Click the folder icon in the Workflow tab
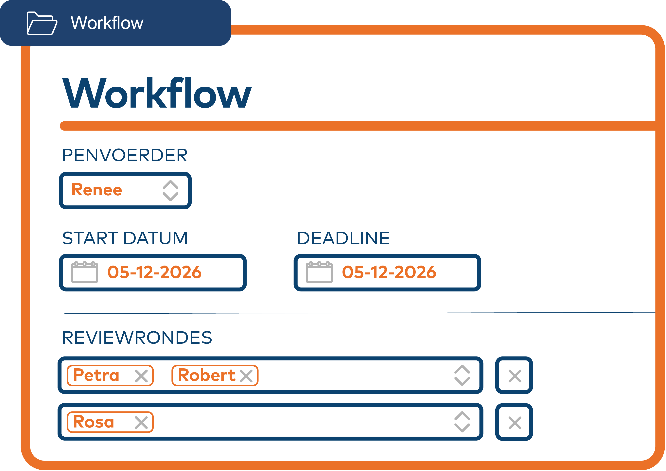(x=42, y=24)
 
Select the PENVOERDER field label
(x=125, y=155)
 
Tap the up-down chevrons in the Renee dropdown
(x=170, y=191)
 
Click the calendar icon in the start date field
(x=84, y=272)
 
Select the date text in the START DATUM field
(x=154, y=272)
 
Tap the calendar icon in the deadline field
(x=319, y=272)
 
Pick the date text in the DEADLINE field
(x=389, y=272)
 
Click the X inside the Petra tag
(x=141, y=376)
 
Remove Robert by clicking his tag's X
(x=246, y=376)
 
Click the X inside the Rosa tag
(x=141, y=423)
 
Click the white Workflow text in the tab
(x=107, y=23)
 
